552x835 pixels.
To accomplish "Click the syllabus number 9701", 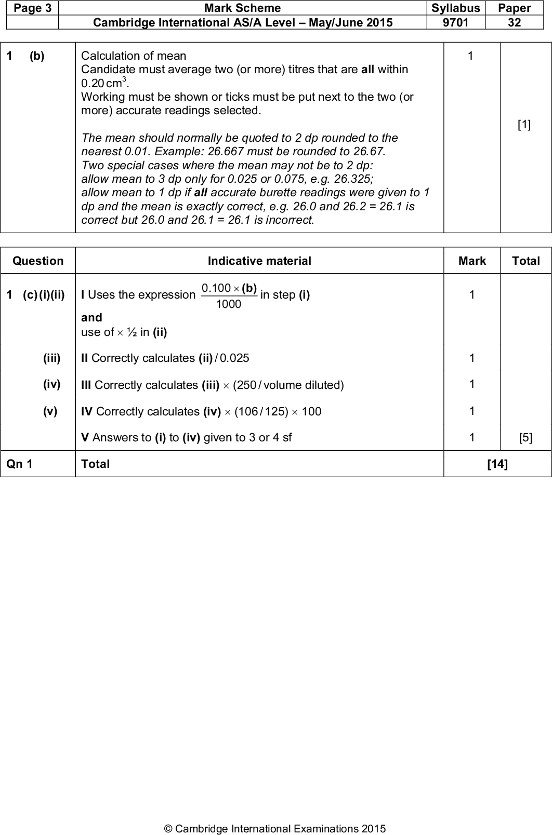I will [455, 22].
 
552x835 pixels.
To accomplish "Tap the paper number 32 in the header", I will [514, 22].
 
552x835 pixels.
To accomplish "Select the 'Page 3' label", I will [30, 8].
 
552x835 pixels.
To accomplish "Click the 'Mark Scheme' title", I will [242, 8].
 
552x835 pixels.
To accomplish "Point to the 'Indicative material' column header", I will [259, 261].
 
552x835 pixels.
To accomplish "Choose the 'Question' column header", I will [38, 261].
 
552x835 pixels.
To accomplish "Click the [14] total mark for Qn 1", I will [497, 464].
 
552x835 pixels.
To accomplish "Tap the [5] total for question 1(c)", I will [525, 437].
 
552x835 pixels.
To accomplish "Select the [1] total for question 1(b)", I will [524, 125].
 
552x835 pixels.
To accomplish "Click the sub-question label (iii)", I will [51, 358].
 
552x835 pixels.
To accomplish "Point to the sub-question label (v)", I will [50, 411].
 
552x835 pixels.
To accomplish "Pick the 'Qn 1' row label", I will [20, 464].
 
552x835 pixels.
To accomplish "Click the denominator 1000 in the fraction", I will [229, 304].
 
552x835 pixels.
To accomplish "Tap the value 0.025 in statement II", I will [234, 358].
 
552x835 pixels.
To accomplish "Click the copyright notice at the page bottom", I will [275, 829].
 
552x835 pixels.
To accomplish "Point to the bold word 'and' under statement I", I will [91, 317].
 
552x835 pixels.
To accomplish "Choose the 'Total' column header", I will [525, 261].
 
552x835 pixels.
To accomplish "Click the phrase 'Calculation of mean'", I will [134, 56].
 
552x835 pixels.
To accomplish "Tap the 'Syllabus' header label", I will [455, 8].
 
